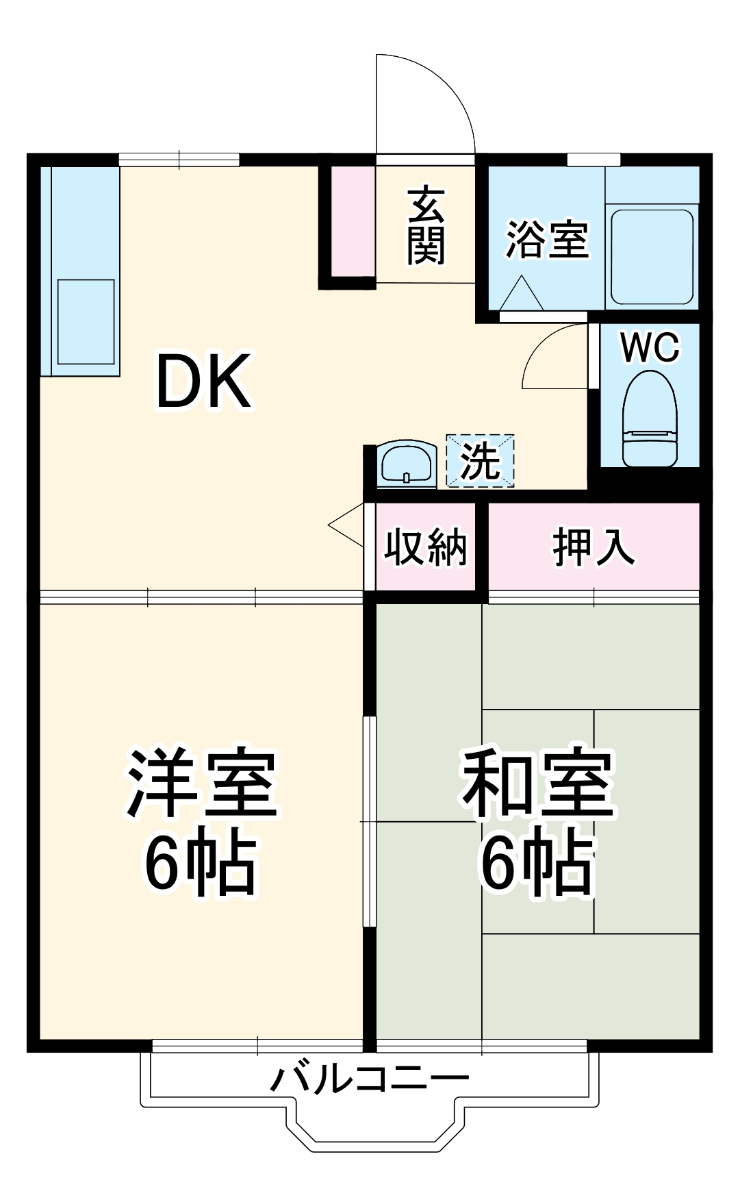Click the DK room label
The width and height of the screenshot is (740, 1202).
203,382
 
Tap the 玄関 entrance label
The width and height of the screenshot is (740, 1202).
426,226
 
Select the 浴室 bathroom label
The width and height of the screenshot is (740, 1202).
546,240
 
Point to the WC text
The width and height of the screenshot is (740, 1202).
650,347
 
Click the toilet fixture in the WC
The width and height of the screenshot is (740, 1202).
650,419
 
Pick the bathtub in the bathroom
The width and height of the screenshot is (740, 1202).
652,257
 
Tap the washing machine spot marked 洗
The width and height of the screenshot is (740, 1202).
480,461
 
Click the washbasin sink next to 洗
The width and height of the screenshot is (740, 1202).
407,464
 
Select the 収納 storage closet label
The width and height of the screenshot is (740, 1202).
425,547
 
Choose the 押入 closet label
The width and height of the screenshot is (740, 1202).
594,547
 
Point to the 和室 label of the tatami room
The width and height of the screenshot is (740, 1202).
537,785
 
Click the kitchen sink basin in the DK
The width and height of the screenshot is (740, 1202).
86,321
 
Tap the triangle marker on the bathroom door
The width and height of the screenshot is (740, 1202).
522,295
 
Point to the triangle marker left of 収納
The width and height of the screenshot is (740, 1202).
347,525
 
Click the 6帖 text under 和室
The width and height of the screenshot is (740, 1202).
537,863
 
